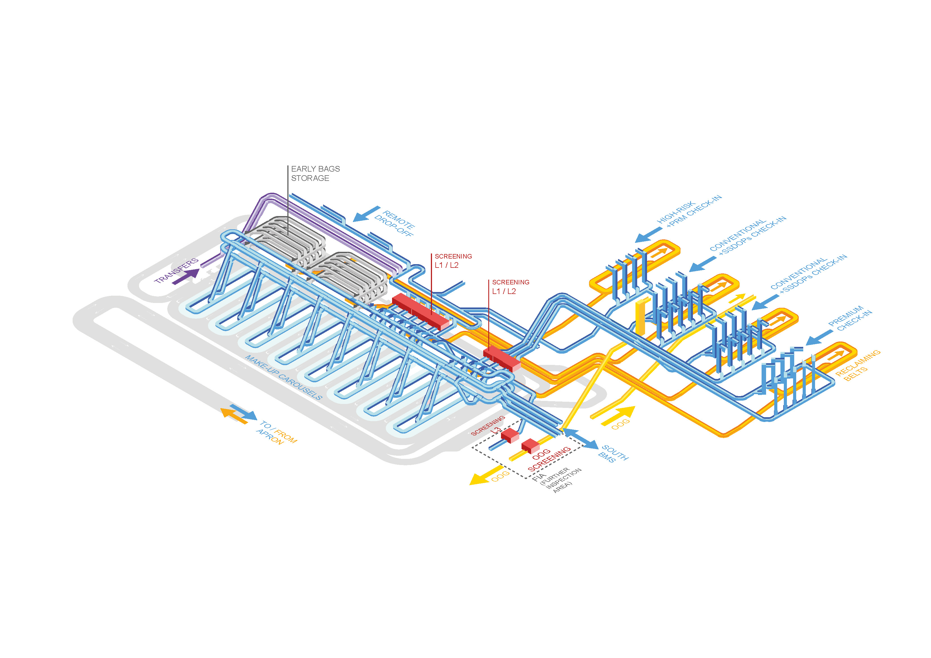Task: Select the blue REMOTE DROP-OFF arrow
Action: pos(366,214)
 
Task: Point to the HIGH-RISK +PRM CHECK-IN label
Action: pos(689,210)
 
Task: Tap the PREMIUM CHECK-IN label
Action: pos(849,318)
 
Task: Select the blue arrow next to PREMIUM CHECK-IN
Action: pos(819,338)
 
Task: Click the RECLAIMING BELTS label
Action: pos(857,365)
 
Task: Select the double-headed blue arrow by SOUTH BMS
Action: pos(580,439)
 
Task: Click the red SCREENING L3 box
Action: pos(510,436)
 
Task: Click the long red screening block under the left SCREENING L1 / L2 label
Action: pos(420,311)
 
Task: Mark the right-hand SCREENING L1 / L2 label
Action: pos(510,287)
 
